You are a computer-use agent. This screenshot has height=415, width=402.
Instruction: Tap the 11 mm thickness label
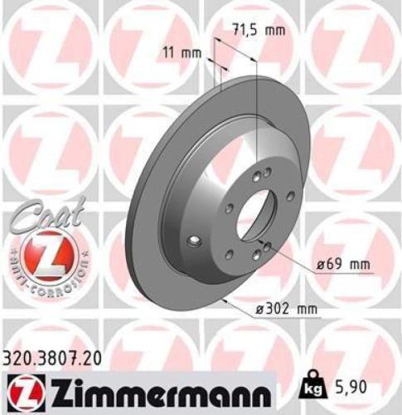181,52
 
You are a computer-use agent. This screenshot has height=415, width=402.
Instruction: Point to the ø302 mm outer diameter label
285,310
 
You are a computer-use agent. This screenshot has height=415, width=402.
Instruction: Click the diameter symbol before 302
259,310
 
